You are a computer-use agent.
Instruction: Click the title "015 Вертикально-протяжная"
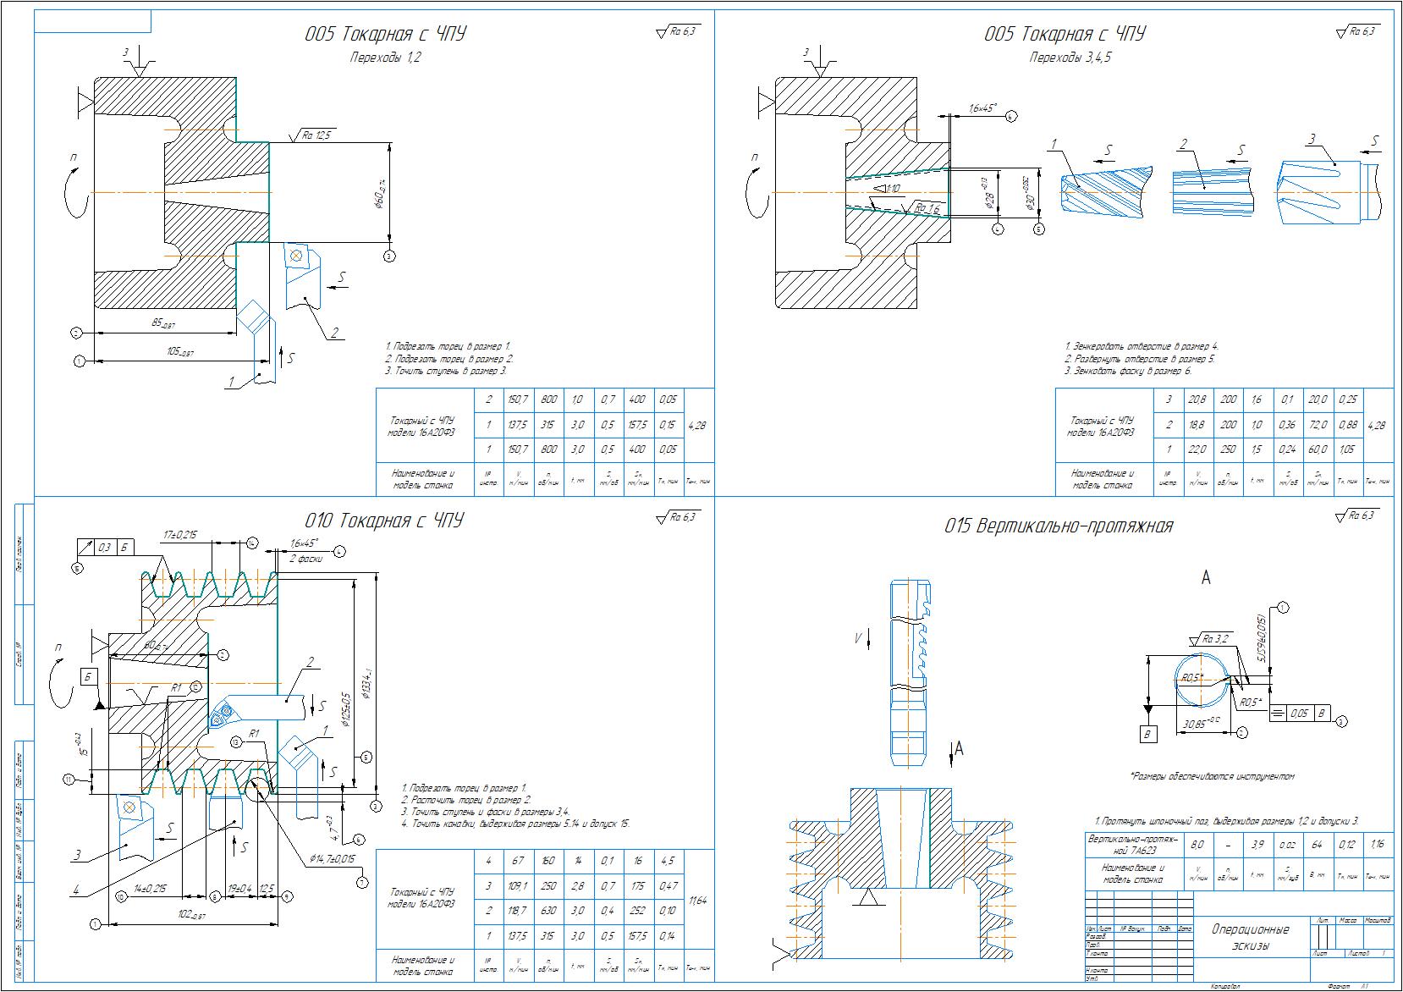click(x=1059, y=526)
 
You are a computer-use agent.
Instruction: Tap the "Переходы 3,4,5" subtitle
click(x=1070, y=58)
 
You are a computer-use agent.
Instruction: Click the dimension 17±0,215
click(x=179, y=534)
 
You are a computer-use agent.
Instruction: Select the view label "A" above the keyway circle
click(x=1206, y=577)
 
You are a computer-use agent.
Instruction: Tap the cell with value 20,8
click(x=1197, y=400)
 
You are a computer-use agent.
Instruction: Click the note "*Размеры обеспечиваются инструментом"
click(x=1212, y=775)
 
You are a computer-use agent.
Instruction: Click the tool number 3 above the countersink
click(x=1312, y=139)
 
